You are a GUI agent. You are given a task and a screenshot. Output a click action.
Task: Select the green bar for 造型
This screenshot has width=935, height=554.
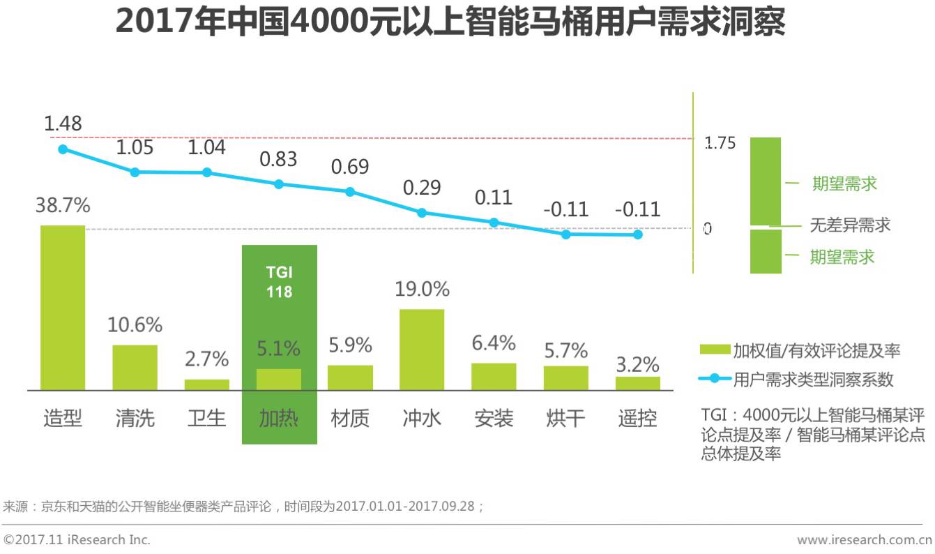[63, 307]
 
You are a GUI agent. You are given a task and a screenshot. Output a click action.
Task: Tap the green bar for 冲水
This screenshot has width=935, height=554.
[421, 349]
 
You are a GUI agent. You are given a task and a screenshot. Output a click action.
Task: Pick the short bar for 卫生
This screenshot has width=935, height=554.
[207, 384]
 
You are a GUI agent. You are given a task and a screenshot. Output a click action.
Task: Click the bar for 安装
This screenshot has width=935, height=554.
[494, 376]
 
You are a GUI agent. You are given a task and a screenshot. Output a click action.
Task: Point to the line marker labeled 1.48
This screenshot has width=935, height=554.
[63, 149]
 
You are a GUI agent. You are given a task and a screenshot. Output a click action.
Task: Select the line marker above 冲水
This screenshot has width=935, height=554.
[422, 212]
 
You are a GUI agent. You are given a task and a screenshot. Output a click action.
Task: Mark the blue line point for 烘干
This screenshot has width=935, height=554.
[565, 234]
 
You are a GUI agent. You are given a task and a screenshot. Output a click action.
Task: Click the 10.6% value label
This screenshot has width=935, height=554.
[135, 324]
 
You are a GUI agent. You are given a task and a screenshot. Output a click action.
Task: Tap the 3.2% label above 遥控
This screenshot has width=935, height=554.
[637, 364]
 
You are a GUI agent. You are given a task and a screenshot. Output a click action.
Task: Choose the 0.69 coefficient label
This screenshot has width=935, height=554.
[350, 167]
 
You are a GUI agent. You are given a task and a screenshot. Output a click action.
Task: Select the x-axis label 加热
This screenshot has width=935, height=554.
[279, 418]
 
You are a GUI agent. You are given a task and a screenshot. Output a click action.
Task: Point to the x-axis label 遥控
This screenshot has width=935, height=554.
[637, 418]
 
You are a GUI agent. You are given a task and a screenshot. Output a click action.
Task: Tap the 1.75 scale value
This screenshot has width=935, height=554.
[720, 144]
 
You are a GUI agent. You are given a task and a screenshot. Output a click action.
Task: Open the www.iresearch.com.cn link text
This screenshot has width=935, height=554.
[864, 540]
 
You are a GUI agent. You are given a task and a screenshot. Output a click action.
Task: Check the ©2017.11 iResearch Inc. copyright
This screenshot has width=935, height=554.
[77, 540]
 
